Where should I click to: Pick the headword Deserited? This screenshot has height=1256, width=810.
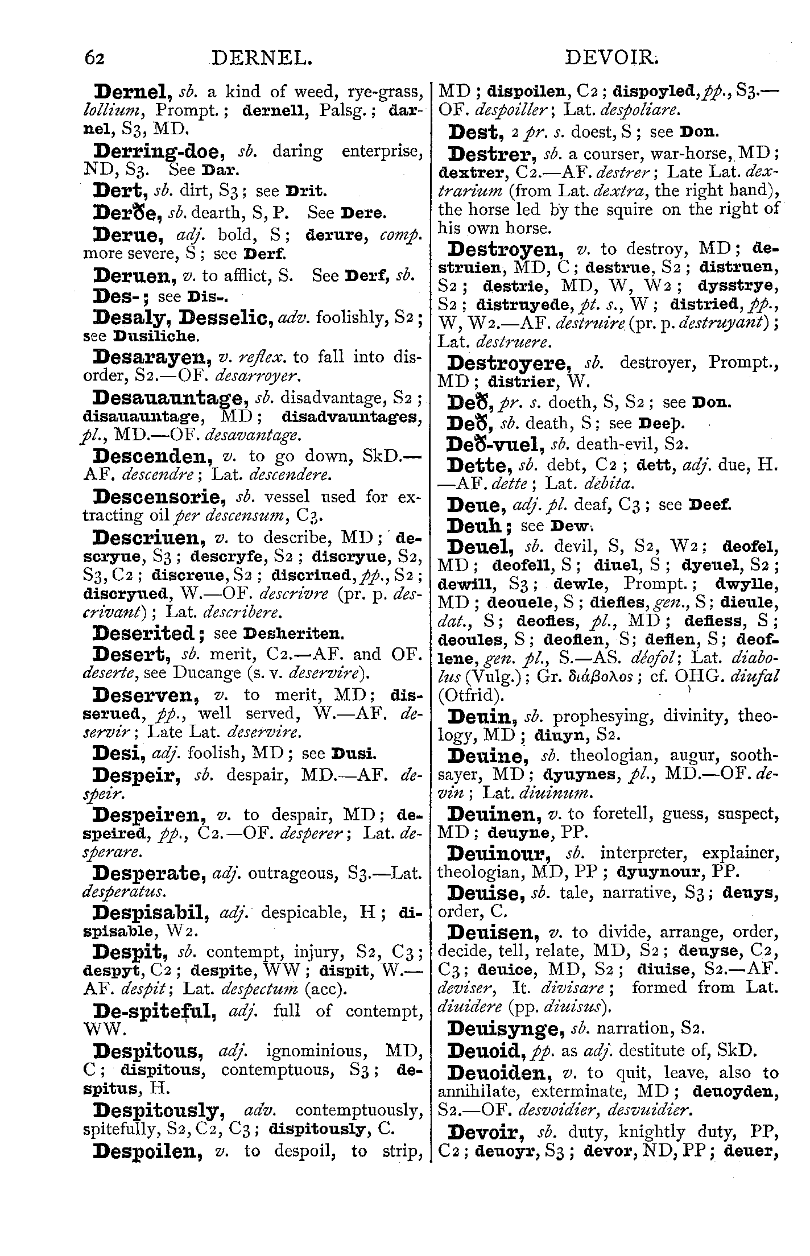pyautogui.click(x=144, y=633)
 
